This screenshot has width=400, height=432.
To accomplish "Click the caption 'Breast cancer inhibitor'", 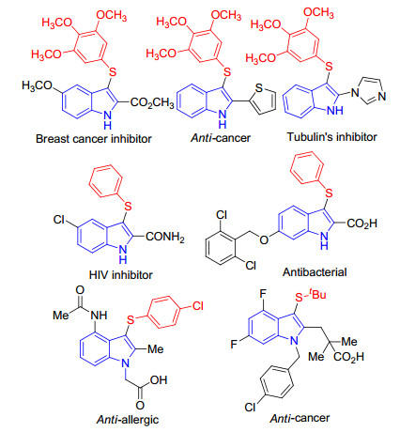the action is (x=94, y=138).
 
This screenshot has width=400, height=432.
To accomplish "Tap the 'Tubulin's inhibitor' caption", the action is (x=332, y=137).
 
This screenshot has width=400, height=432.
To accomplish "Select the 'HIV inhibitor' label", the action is (x=121, y=275).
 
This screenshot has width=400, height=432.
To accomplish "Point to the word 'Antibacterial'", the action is (x=315, y=272).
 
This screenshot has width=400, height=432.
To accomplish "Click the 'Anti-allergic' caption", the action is (x=128, y=420).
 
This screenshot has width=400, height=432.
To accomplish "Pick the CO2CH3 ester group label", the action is (x=152, y=102).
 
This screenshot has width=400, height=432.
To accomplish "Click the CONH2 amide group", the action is (x=165, y=237).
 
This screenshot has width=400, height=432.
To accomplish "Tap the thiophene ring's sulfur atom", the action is (x=259, y=88).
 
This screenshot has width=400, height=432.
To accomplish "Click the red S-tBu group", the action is (x=311, y=296).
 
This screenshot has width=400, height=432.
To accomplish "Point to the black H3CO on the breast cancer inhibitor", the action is (x=37, y=85).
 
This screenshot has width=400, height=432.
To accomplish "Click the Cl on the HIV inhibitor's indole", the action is (x=59, y=220).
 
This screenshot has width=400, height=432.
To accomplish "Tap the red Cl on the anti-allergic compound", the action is (x=198, y=305).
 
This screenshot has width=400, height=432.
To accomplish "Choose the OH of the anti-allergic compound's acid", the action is (x=159, y=380).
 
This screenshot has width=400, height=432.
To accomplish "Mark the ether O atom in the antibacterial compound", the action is (x=264, y=239).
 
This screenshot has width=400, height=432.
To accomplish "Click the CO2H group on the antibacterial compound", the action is (x=362, y=224).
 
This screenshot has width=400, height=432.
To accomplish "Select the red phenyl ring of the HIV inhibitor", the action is (x=106, y=181).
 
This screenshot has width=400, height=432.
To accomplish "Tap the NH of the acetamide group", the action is (x=99, y=315).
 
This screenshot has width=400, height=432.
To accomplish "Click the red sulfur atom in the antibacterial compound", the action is (x=329, y=193).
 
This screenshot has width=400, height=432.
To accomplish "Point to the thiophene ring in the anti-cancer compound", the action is (x=263, y=100).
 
